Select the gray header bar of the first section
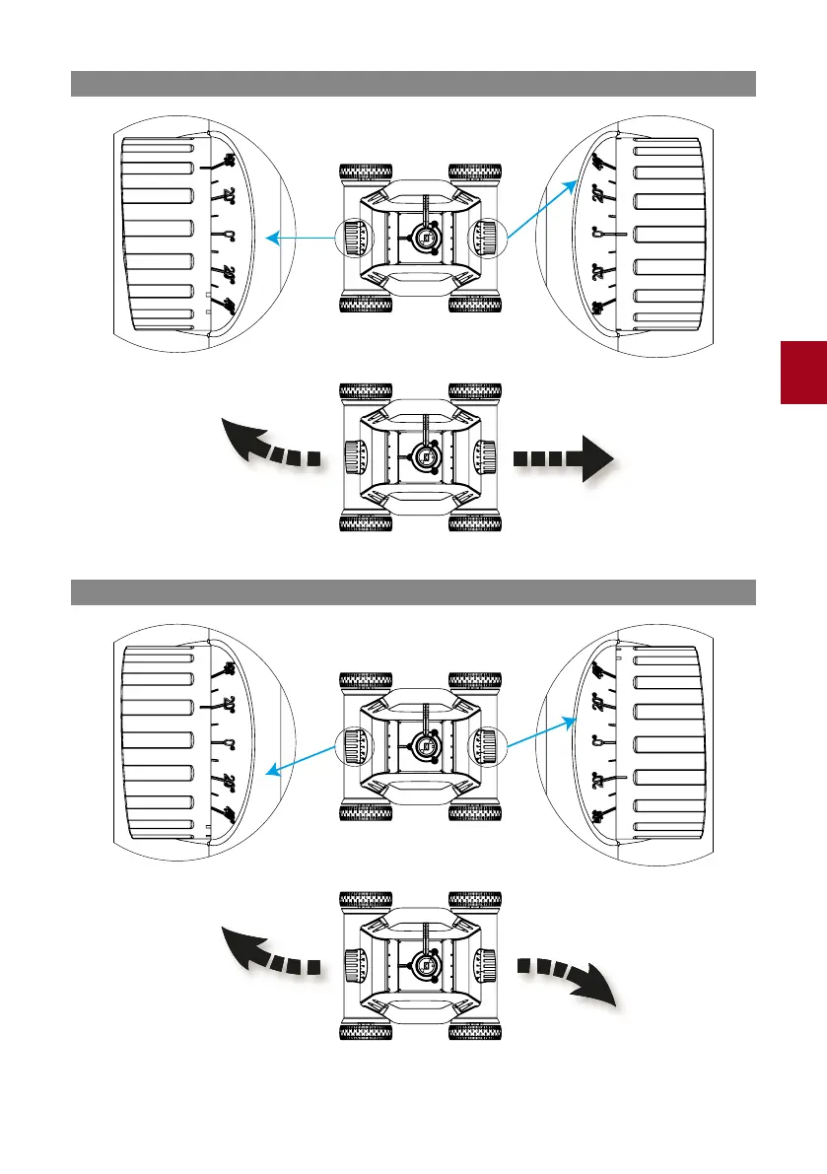tap(413, 84)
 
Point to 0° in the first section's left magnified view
tap(228, 236)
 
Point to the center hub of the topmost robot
tap(426, 238)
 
